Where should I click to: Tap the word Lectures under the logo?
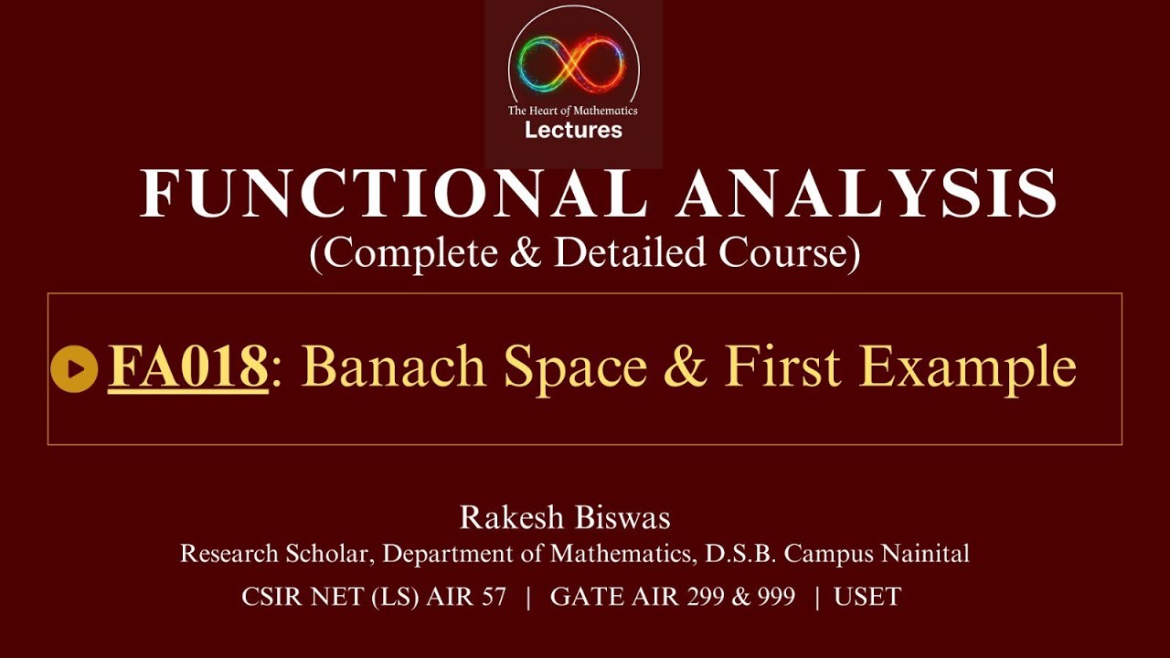[x=573, y=130]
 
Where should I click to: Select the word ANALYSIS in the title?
[x=867, y=194]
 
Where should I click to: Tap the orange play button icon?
[x=74, y=369]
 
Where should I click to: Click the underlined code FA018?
[x=187, y=367]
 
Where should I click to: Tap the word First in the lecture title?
[x=785, y=367]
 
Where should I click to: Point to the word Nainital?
[x=922, y=554]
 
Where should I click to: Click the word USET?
[x=868, y=598]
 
